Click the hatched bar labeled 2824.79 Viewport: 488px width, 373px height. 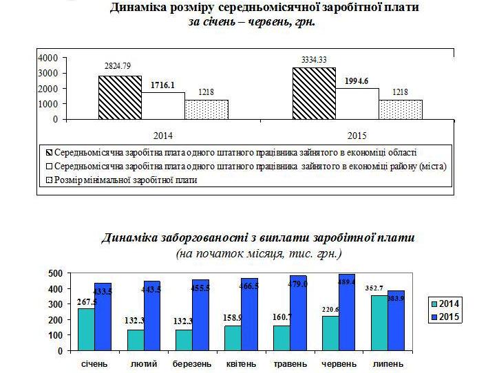120,97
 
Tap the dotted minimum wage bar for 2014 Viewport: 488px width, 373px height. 206,109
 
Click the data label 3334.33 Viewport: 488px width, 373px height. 314,61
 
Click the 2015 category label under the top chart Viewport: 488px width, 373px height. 357,134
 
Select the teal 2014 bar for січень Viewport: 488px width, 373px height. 87,329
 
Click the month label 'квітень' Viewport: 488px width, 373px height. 240,363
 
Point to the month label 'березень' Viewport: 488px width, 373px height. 191,363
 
